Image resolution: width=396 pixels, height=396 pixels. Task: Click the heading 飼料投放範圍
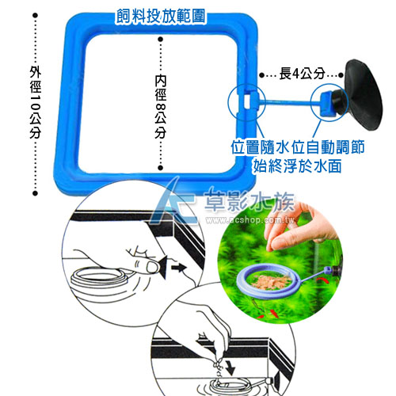[x=161, y=17]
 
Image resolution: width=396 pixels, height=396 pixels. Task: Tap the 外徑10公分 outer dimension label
[x=36, y=102]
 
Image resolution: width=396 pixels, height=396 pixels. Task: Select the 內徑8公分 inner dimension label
[x=161, y=107]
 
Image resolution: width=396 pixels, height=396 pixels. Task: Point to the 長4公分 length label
[x=302, y=74]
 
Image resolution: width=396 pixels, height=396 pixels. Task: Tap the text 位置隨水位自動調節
[x=298, y=147]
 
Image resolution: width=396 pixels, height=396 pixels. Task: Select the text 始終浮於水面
[x=297, y=166]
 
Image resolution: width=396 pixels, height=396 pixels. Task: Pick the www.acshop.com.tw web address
[x=249, y=220]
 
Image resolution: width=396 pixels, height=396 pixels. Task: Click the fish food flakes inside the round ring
[x=271, y=281]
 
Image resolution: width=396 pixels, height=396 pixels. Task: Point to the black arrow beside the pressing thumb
[x=179, y=268]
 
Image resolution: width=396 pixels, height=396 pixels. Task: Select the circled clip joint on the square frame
[x=246, y=103]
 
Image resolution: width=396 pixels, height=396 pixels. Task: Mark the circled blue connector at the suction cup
[x=329, y=102]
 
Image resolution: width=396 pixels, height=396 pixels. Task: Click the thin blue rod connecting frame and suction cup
[x=287, y=102]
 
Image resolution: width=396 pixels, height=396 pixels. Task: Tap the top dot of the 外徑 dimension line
[x=35, y=15]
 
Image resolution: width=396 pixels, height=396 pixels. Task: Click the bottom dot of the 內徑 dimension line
[x=161, y=168]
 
